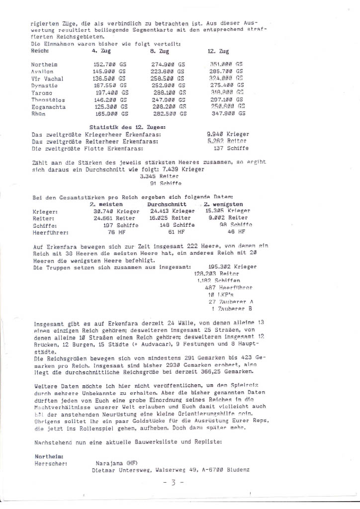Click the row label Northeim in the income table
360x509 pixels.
(43, 65)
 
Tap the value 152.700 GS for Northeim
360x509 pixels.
(109, 65)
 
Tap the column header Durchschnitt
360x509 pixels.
(167, 204)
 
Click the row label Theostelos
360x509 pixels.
(48, 99)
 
